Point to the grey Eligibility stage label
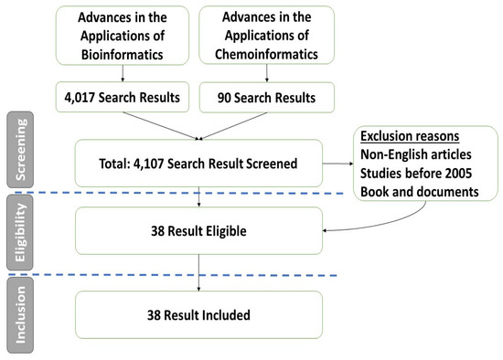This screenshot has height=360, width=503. (18, 234)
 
